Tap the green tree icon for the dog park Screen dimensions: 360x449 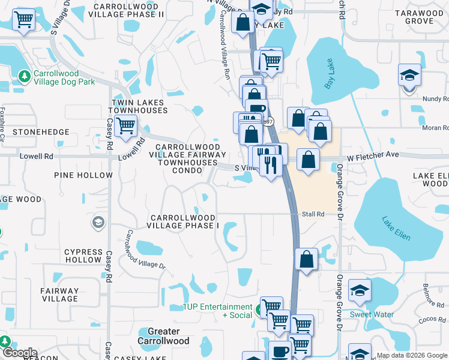click(x=24, y=76)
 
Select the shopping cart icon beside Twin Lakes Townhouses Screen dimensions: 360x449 click(x=125, y=127)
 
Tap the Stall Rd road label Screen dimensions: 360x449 click(x=313, y=214)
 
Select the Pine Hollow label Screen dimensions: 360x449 click(x=83, y=175)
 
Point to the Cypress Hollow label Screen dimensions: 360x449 click(x=83, y=256)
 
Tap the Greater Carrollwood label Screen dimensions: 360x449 click(x=164, y=336)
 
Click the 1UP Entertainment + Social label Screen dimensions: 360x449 click(x=218, y=311)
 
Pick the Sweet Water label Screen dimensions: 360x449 click(x=372, y=314)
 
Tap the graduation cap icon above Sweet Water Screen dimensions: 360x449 click(x=360, y=291)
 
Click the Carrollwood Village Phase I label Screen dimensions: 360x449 click(x=185, y=221)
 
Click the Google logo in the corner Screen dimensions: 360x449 click(x=19, y=353)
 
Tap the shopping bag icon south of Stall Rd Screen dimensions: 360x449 click(x=307, y=260)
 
